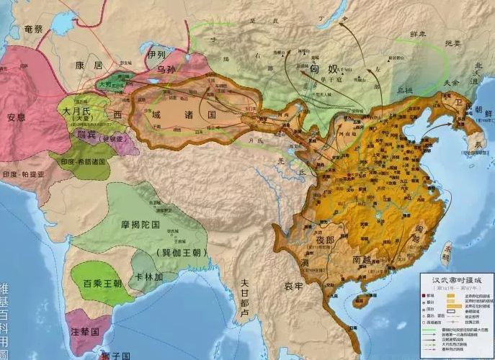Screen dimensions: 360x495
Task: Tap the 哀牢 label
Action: [293, 286]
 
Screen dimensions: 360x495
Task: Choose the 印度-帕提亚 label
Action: [24, 174]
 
